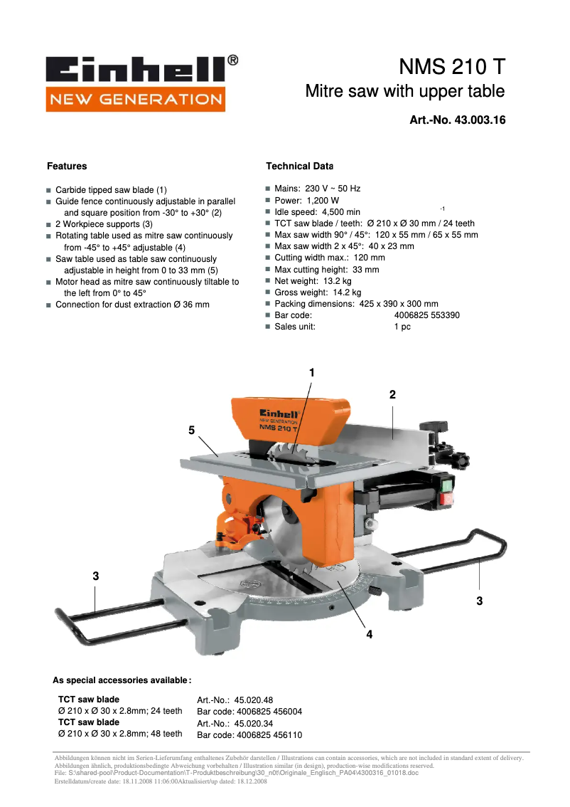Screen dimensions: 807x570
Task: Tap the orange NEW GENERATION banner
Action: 135,100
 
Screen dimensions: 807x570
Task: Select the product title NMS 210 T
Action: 451,67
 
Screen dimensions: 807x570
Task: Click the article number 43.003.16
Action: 478,120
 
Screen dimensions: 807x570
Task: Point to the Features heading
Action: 67,167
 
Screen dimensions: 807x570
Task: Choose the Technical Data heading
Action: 299,167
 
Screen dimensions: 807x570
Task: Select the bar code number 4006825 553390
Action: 426,315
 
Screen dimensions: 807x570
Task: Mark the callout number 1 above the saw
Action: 311,372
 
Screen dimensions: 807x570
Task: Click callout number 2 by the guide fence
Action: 392,394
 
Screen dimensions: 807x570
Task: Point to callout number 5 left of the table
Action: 191,430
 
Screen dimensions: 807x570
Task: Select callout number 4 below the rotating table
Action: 369,634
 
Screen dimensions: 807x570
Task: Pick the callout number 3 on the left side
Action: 95,576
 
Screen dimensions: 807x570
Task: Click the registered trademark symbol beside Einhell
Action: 232,61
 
